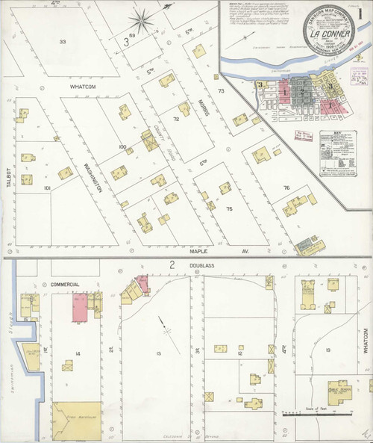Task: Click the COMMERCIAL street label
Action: click(x=65, y=285)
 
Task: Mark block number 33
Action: click(x=64, y=42)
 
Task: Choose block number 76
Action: click(x=286, y=187)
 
